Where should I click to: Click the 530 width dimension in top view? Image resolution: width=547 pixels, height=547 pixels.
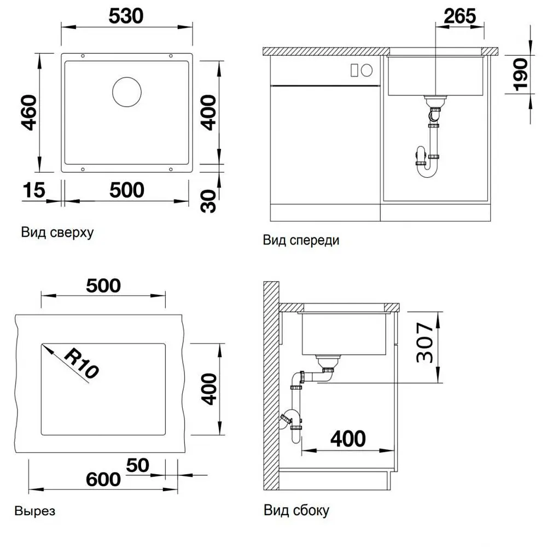[126, 16]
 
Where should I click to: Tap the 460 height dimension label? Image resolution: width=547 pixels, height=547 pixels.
[29, 112]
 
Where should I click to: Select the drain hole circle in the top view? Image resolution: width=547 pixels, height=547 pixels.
[127, 92]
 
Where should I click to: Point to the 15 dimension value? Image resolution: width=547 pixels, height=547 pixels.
[34, 190]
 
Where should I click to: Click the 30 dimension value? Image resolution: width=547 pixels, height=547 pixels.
[208, 201]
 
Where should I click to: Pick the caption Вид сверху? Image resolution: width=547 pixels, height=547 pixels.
[57, 232]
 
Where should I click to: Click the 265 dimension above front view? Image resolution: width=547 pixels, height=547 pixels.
[460, 16]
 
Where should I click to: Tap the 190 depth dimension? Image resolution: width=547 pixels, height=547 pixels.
[521, 74]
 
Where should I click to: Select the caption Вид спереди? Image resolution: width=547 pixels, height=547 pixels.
[301, 240]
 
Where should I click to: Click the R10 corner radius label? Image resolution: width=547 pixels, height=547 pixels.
[82, 363]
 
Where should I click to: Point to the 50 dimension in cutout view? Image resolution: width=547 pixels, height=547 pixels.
[137, 465]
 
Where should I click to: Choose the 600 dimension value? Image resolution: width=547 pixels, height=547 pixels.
[103, 479]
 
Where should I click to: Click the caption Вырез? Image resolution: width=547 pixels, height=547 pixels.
[35, 511]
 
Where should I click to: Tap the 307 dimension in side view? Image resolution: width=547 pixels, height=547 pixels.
[425, 342]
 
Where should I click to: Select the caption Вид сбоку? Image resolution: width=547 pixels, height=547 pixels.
[296, 510]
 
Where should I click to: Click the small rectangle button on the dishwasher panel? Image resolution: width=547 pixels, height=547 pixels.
[354, 70]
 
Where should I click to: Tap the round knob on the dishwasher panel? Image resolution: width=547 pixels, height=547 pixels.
[366, 71]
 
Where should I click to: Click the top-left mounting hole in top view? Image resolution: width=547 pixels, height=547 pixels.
[83, 56]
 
